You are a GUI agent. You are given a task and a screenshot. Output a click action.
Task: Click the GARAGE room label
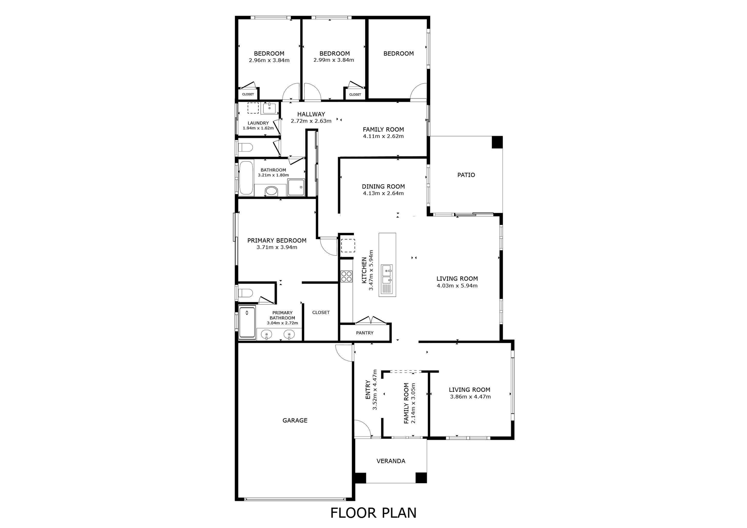pyautogui.click(x=295, y=420)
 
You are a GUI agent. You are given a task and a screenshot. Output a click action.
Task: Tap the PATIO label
pyautogui.click(x=466, y=175)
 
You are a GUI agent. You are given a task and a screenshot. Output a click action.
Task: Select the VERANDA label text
pyautogui.click(x=391, y=461)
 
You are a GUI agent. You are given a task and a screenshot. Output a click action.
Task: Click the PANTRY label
pyautogui.click(x=364, y=333)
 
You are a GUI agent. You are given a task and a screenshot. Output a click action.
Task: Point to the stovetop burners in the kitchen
pyautogui.click(x=346, y=276)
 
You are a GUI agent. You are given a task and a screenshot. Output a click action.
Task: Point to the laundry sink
pyautogui.click(x=269, y=108)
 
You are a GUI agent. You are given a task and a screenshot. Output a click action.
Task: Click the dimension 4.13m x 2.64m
pyautogui.click(x=383, y=193)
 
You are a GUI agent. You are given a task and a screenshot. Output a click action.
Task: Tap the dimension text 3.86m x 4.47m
pyautogui.click(x=470, y=397)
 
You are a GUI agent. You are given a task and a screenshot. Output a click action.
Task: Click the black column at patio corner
pyautogui.click(x=497, y=142)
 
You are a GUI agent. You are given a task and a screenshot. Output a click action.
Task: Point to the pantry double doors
pyautogui.click(x=371, y=320)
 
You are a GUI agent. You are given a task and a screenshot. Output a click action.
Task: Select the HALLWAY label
pyautogui.click(x=311, y=114)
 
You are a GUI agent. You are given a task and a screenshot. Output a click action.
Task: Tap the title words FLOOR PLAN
pyautogui.click(x=373, y=513)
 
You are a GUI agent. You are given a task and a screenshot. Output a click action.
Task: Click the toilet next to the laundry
pyautogui.click(x=245, y=148)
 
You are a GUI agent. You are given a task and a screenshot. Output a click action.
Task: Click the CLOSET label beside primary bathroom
pyautogui.click(x=321, y=312)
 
